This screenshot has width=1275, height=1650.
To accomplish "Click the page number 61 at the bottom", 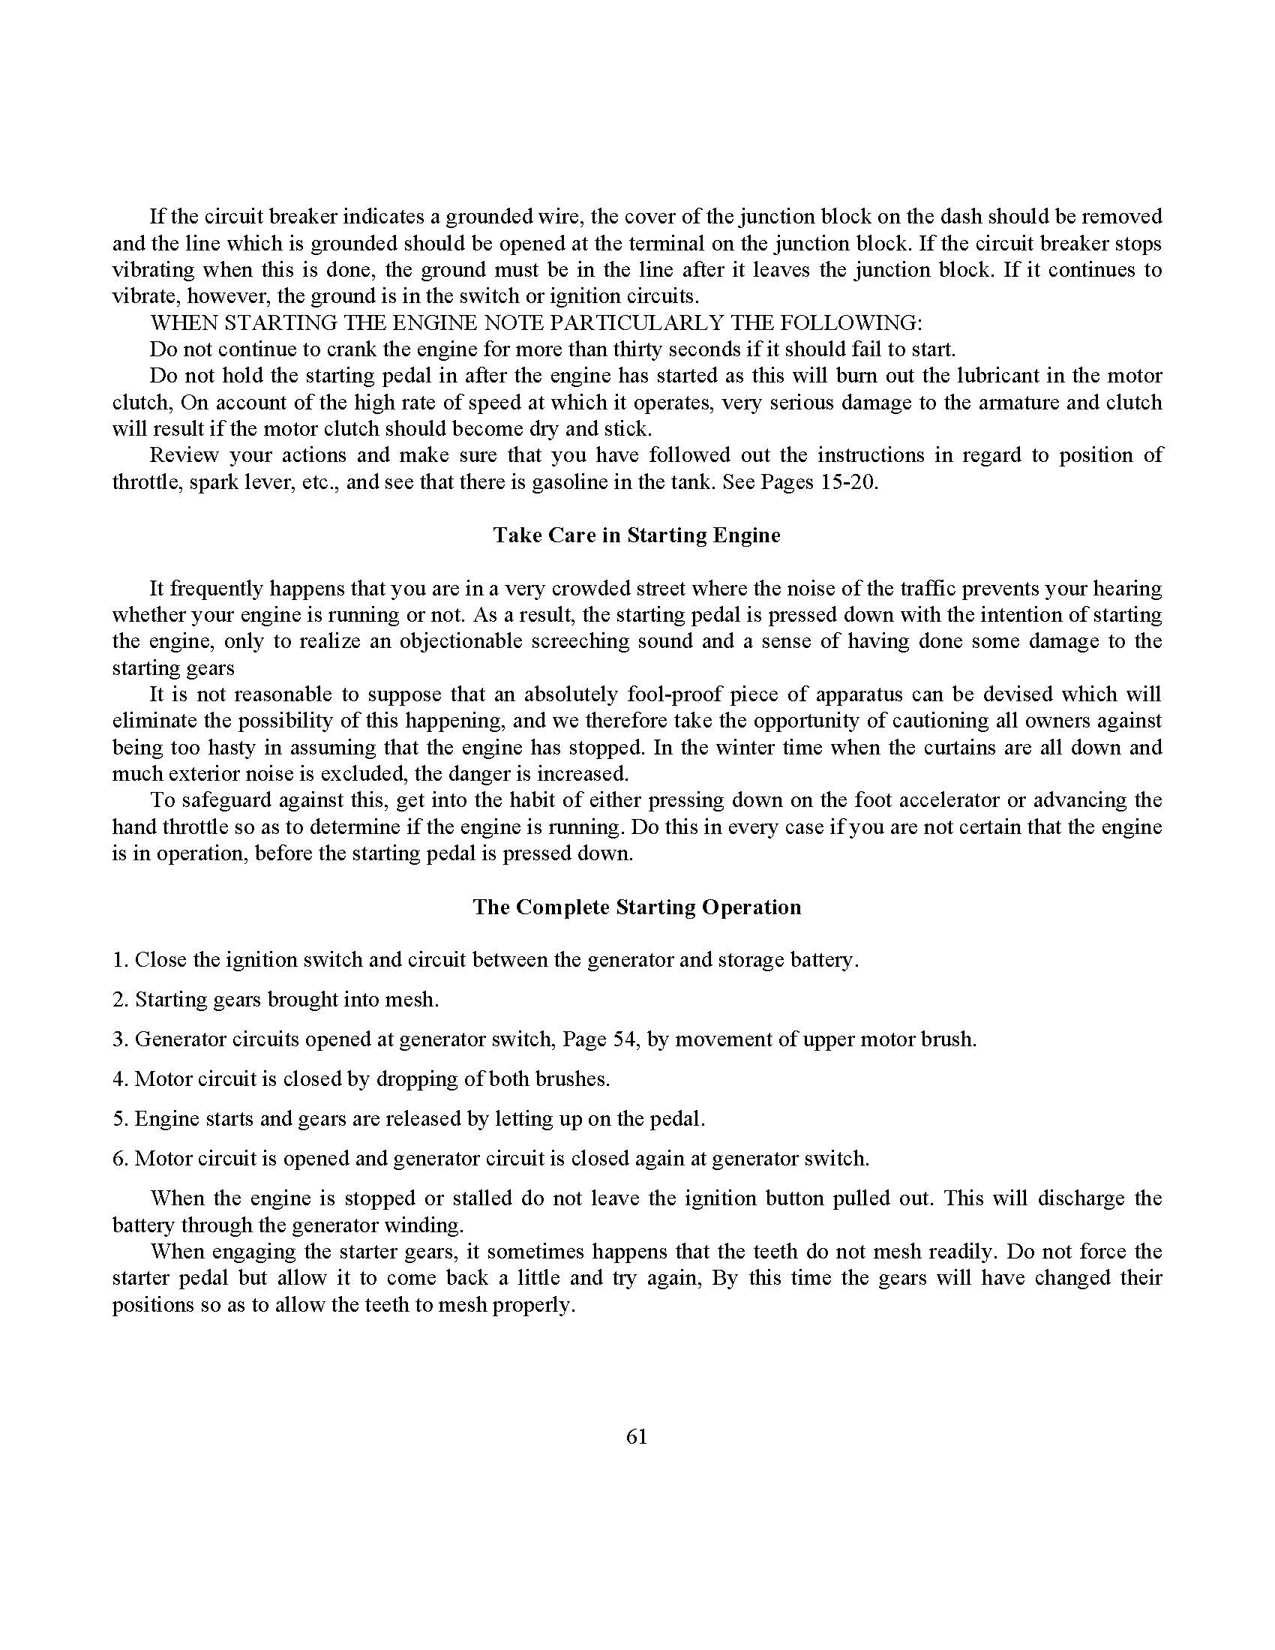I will pos(637,1436).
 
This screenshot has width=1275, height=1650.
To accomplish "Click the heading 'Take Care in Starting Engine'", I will pos(637,535).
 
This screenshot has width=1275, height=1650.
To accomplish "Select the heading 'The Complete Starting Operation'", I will pos(637,907).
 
